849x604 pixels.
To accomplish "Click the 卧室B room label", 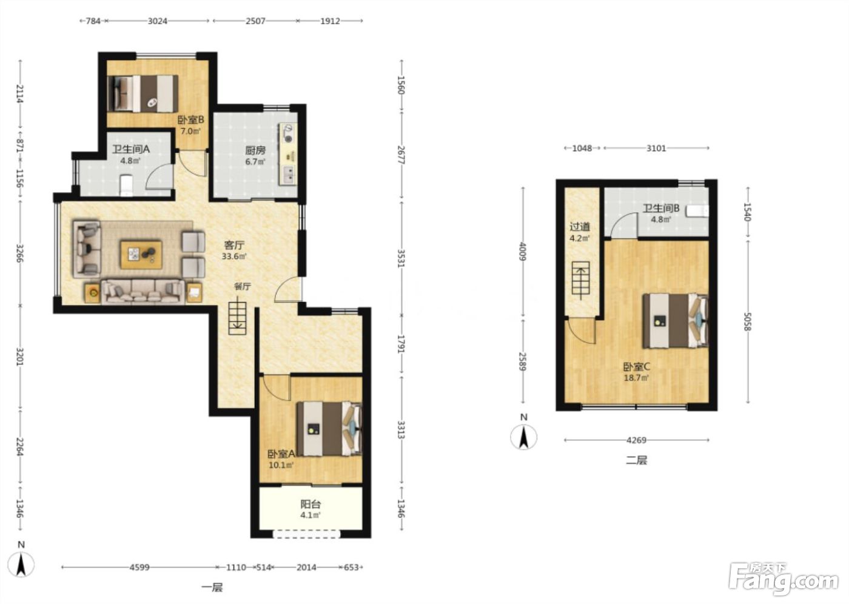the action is pyautogui.click(x=190, y=120).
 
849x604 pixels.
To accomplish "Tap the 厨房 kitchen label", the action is pyautogui.click(x=255, y=150).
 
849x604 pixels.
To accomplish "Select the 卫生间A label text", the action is pyautogui.click(x=131, y=149).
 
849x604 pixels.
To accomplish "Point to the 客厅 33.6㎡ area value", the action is pyautogui.click(x=234, y=257).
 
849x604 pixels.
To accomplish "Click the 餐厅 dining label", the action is pyautogui.click(x=242, y=286).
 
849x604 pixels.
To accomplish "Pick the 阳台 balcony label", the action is pyautogui.click(x=310, y=505).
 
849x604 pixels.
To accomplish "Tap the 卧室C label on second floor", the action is pyautogui.click(x=637, y=367).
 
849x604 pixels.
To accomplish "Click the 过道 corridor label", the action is pyautogui.click(x=580, y=227).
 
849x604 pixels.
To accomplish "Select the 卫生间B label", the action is pyautogui.click(x=661, y=208).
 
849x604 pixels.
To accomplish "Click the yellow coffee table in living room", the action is pyautogui.click(x=141, y=255).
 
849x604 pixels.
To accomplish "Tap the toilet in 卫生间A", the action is pyautogui.click(x=126, y=185).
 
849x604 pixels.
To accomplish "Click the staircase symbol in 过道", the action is pyautogui.click(x=581, y=280).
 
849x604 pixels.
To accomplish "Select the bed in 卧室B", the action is pyautogui.click(x=143, y=93).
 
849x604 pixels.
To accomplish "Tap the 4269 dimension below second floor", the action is pyautogui.click(x=636, y=440).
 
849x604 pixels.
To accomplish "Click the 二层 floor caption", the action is pyautogui.click(x=636, y=461).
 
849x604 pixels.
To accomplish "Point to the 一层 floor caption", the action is pyautogui.click(x=212, y=588).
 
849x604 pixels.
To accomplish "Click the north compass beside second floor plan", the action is pyautogui.click(x=524, y=437).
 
